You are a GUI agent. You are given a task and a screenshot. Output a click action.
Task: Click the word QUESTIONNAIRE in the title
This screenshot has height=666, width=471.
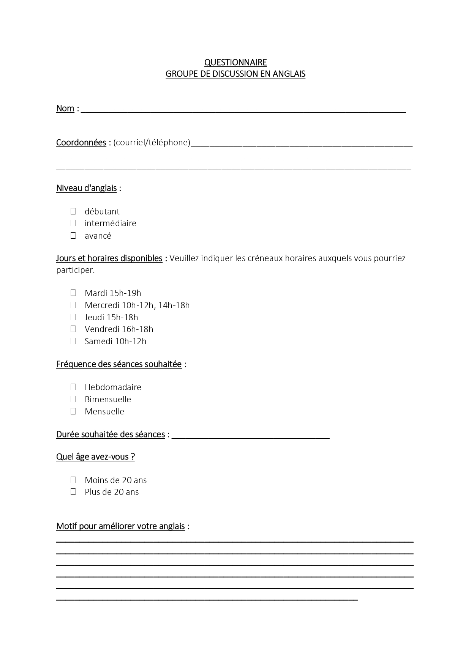click(235, 62)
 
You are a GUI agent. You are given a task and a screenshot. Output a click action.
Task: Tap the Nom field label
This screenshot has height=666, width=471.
click(65, 109)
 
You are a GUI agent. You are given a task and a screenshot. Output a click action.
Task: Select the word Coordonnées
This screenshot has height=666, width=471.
click(81, 143)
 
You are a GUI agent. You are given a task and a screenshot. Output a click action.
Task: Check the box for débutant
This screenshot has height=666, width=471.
click(73, 211)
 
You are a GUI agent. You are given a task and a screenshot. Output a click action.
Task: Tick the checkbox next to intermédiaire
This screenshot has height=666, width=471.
click(73, 223)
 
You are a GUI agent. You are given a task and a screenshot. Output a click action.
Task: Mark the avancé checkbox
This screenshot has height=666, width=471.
click(73, 236)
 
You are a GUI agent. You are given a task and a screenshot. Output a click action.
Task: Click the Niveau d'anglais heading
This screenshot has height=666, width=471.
click(86, 188)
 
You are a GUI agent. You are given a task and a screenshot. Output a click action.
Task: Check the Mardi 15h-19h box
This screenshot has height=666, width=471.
click(73, 293)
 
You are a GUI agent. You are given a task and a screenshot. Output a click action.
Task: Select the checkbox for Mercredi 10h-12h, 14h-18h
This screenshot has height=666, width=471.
click(73, 305)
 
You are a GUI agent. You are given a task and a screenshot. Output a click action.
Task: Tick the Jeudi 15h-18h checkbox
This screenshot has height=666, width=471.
click(73, 317)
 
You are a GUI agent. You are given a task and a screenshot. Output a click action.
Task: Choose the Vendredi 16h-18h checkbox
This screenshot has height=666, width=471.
click(73, 329)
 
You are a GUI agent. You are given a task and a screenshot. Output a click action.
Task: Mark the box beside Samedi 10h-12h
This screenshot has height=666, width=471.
click(73, 341)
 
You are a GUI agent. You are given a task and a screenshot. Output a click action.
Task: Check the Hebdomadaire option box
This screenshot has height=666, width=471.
click(73, 387)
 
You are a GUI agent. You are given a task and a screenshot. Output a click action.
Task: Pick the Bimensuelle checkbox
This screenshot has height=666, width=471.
click(73, 399)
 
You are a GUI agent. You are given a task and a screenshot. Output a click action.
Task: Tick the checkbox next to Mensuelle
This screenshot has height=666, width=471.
click(73, 411)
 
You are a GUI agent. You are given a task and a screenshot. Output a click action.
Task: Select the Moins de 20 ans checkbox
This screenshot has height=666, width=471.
click(73, 480)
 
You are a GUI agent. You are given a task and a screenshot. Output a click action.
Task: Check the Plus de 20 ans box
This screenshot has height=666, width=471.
click(73, 492)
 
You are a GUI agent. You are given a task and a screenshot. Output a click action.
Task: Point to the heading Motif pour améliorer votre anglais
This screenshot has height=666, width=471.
click(120, 526)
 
